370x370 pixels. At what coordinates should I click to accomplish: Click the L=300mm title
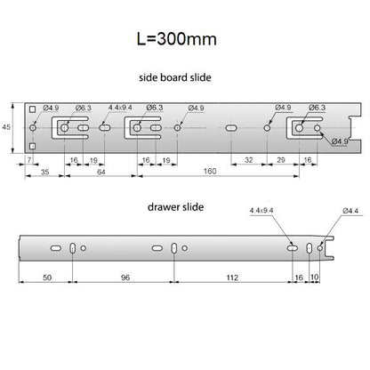(x=176, y=39)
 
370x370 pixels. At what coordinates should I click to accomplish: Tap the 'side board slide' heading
(x=175, y=77)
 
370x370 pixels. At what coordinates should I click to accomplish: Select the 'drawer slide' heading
(x=175, y=206)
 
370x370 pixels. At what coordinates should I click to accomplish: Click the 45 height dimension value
(x=6, y=127)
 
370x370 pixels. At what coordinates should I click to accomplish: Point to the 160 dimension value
(x=210, y=171)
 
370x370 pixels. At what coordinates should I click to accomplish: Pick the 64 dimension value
(x=101, y=172)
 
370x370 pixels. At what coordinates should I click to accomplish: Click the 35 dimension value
(x=44, y=172)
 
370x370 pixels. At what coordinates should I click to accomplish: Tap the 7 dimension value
(x=29, y=160)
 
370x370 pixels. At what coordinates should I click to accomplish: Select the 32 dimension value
(x=249, y=160)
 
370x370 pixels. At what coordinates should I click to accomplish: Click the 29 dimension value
(x=281, y=160)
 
